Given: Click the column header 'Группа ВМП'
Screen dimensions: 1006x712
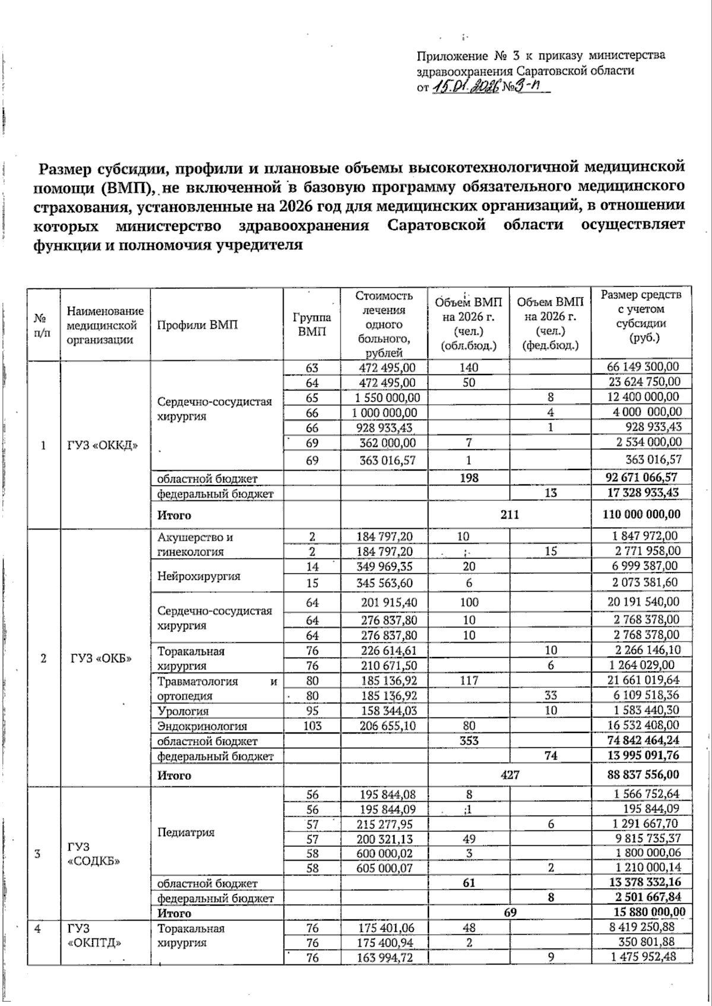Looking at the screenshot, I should pos(312,325).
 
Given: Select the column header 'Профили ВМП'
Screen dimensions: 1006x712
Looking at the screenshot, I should pos(197,325).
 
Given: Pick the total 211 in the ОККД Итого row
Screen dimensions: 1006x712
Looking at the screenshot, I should pos(509,514).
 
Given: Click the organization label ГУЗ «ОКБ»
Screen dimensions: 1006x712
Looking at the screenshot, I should pos(101,659).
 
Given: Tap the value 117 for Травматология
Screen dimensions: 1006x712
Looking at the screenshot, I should pos(469,681).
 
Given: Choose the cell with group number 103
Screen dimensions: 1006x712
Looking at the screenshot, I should pos(312,725).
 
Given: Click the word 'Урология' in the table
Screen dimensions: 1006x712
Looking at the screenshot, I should pos(183,711).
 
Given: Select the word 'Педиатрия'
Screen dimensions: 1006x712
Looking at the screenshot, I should pos(185,832).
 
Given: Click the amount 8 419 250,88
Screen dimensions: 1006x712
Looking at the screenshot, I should pos(644,928).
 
